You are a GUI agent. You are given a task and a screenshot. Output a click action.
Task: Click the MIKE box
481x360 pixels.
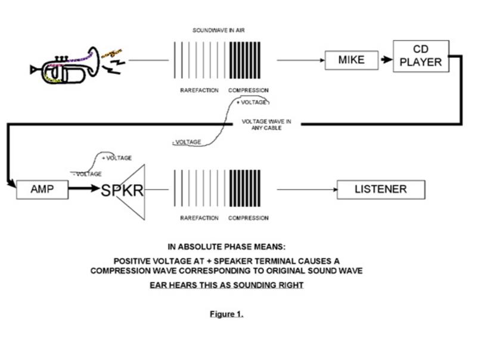coord(351,60)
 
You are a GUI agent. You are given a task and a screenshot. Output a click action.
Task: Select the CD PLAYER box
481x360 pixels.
coord(420,56)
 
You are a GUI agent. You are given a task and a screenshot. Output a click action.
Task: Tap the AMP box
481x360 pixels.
coord(42,190)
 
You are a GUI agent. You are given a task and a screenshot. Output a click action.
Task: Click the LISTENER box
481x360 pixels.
coord(380,190)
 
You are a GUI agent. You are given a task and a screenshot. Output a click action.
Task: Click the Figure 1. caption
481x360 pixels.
coord(226,314)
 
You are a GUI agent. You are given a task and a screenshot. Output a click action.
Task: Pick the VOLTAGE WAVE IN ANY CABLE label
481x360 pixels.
coord(266,125)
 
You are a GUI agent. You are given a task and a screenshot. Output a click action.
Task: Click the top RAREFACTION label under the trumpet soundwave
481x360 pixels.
coord(199,91)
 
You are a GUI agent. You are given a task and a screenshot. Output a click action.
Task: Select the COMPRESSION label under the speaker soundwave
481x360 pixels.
coord(248,218)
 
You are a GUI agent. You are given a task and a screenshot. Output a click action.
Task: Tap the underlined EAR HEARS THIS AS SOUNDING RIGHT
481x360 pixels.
coord(226,285)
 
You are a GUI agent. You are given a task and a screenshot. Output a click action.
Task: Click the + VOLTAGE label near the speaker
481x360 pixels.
coord(117,158)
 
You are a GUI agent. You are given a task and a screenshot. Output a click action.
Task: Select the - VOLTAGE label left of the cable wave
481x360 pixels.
coord(186,142)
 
